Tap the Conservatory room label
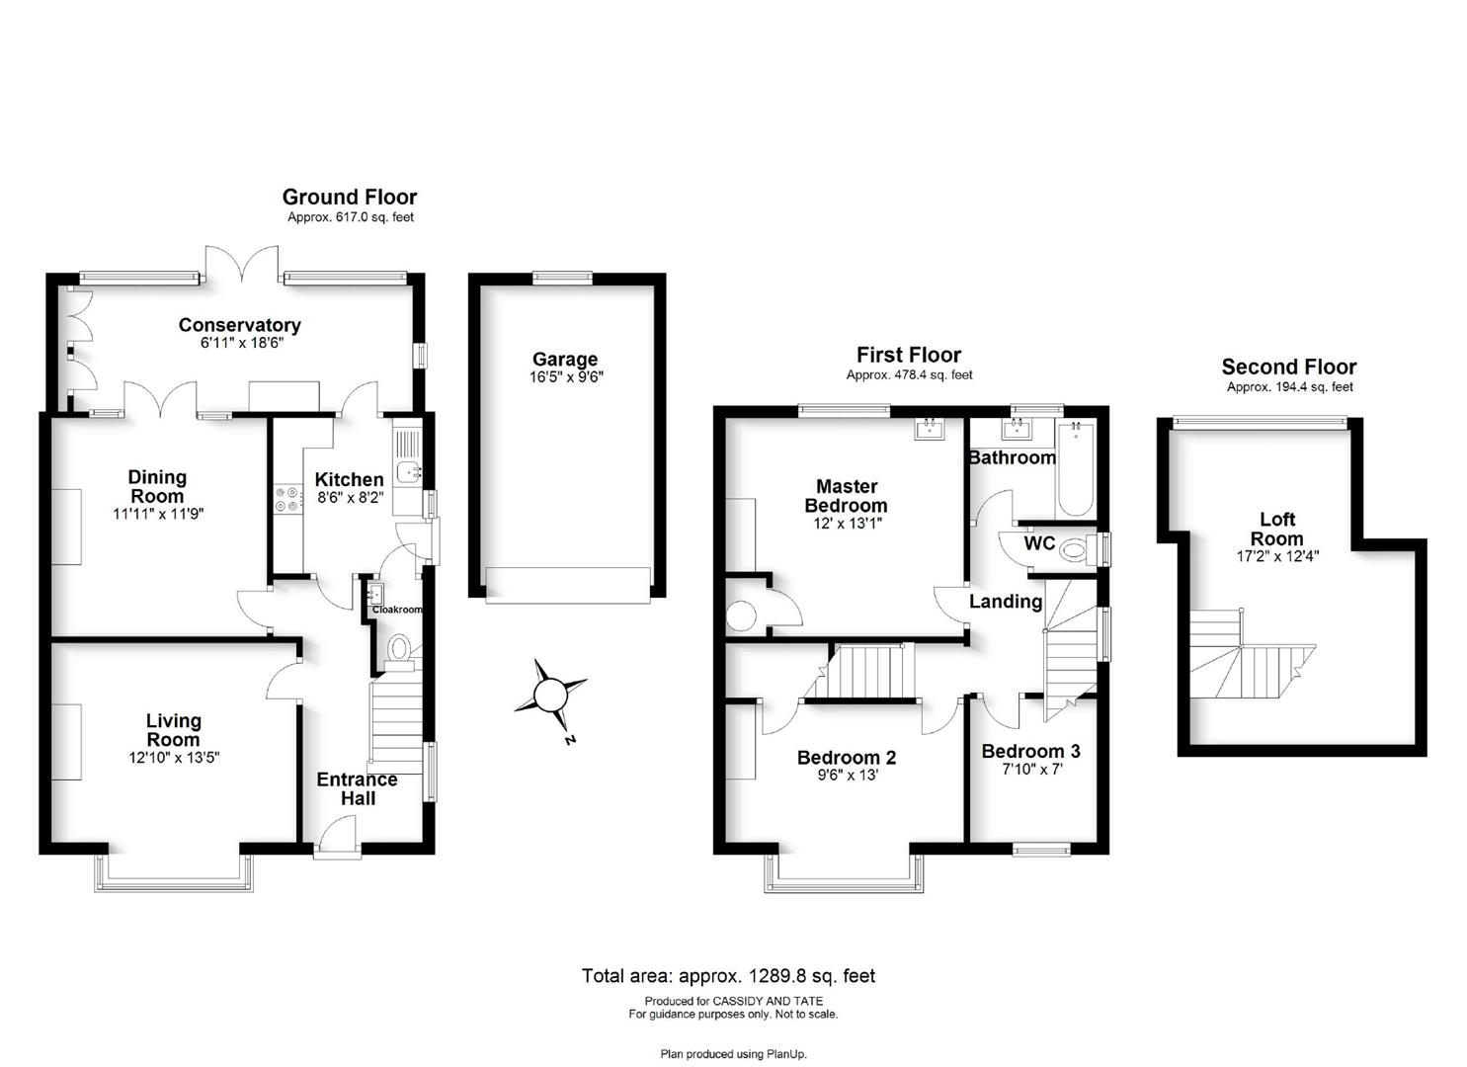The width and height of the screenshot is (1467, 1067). click(240, 325)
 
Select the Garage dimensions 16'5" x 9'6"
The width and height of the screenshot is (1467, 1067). click(566, 376)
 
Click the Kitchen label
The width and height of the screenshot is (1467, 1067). click(349, 479)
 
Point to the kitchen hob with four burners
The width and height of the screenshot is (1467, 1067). click(288, 499)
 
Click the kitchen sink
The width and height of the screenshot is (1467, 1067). click(408, 471)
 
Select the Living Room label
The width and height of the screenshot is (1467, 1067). click(173, 730)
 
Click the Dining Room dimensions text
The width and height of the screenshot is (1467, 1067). click(158, 514)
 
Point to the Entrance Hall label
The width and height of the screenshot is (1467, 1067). click(357, 788)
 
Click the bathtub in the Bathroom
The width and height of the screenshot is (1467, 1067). click(1075, 469)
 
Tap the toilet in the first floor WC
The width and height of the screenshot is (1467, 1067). click(1078, 549)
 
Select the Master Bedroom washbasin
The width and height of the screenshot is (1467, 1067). click(930, 430)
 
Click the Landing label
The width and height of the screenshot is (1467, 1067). click(1006, 602)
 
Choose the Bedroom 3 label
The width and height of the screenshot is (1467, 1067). click(1030, 751)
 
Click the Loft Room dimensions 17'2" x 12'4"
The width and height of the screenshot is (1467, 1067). click(1277, 557)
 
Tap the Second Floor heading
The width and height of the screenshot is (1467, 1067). click(1289, 367)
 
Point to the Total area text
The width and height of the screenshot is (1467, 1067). click(728, 976)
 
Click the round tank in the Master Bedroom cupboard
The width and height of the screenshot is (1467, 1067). click(741, 616)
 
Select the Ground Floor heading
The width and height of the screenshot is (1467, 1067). click(350, 198)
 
